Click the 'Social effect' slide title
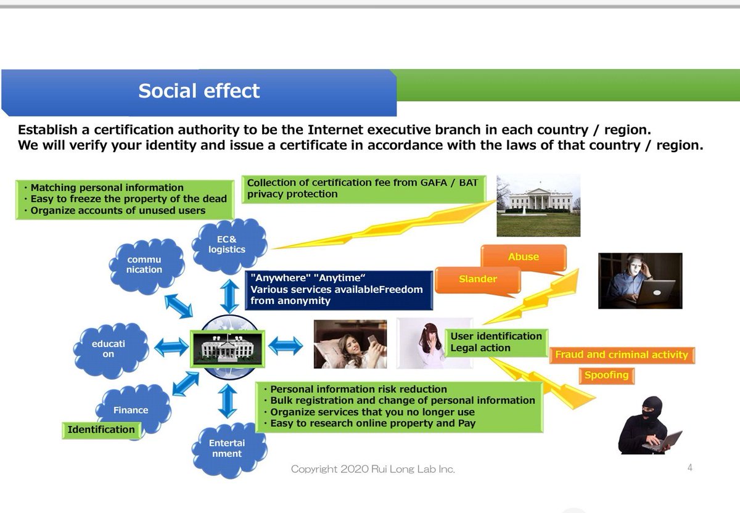(x=199, y=91)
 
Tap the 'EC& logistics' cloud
(x=230, y=245)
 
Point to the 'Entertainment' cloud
(x=227, y=448)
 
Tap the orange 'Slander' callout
(x=477, y=279)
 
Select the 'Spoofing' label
(x=606, y=375)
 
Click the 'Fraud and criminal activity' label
(x=621, y=355)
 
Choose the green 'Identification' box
(x=101, y=430)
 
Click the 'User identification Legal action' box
(x=496, y=342)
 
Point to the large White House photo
(x=538, y=205)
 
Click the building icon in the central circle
(x=228, y=348)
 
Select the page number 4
(x=689, y=468)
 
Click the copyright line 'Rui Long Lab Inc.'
(x=372, y=469)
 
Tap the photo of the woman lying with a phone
(x=350, y=344)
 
